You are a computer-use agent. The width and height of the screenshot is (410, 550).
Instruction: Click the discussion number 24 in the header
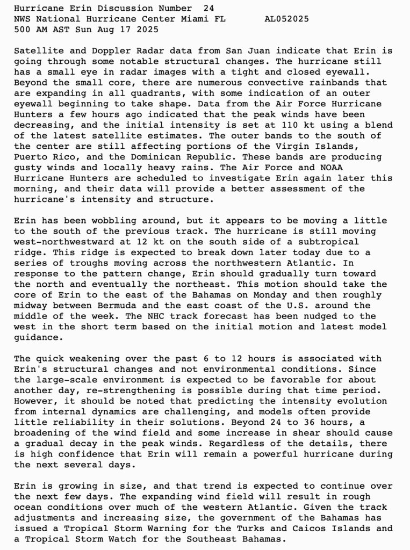click(x=208, y=9)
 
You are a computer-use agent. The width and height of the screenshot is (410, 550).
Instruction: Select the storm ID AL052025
click(x=286, y=19)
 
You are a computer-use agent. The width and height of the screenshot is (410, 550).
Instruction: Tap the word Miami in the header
click(x=191, y=19)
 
